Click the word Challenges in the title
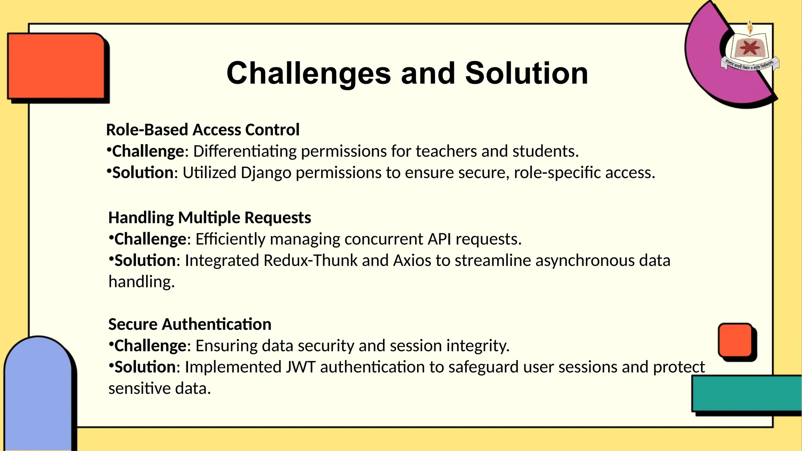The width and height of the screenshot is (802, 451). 309,74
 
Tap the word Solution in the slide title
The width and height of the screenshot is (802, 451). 526,74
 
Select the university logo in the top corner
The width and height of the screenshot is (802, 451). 750,51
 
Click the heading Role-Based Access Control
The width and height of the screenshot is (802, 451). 202,130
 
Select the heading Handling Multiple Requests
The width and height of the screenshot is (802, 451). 210,218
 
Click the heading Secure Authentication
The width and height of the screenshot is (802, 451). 190,325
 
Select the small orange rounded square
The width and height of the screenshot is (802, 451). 735,340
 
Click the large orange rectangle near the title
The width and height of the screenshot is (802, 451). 56,66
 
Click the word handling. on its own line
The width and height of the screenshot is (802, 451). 141,282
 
